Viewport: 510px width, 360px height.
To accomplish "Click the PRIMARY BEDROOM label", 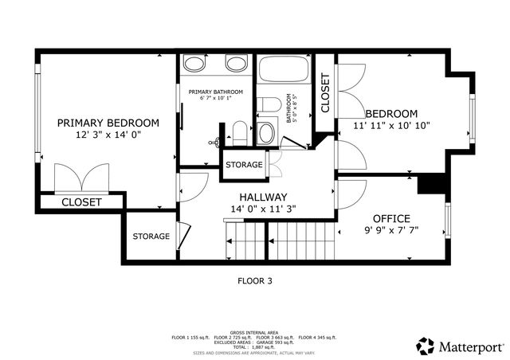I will point(108,123).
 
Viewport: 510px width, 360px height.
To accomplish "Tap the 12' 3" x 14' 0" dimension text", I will point(108,135).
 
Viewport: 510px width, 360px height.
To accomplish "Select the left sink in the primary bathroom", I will point(194,64).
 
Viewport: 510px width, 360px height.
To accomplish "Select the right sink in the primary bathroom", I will point(236,64).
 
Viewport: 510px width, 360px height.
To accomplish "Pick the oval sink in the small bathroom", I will point(266,132).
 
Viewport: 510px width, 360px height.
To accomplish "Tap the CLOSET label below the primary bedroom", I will point(82,202).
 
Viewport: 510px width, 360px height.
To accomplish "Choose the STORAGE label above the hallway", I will point(244,164).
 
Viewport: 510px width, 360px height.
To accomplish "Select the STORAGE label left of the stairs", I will point(151,237).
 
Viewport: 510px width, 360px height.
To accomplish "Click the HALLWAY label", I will point(263,197).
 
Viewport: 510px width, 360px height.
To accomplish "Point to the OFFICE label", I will point(391,218).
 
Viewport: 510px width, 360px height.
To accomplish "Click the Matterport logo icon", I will point(425,346).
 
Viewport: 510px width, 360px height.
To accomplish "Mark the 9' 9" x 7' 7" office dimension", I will point(391,231).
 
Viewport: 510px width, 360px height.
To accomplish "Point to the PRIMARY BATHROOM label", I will point(215,92).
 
